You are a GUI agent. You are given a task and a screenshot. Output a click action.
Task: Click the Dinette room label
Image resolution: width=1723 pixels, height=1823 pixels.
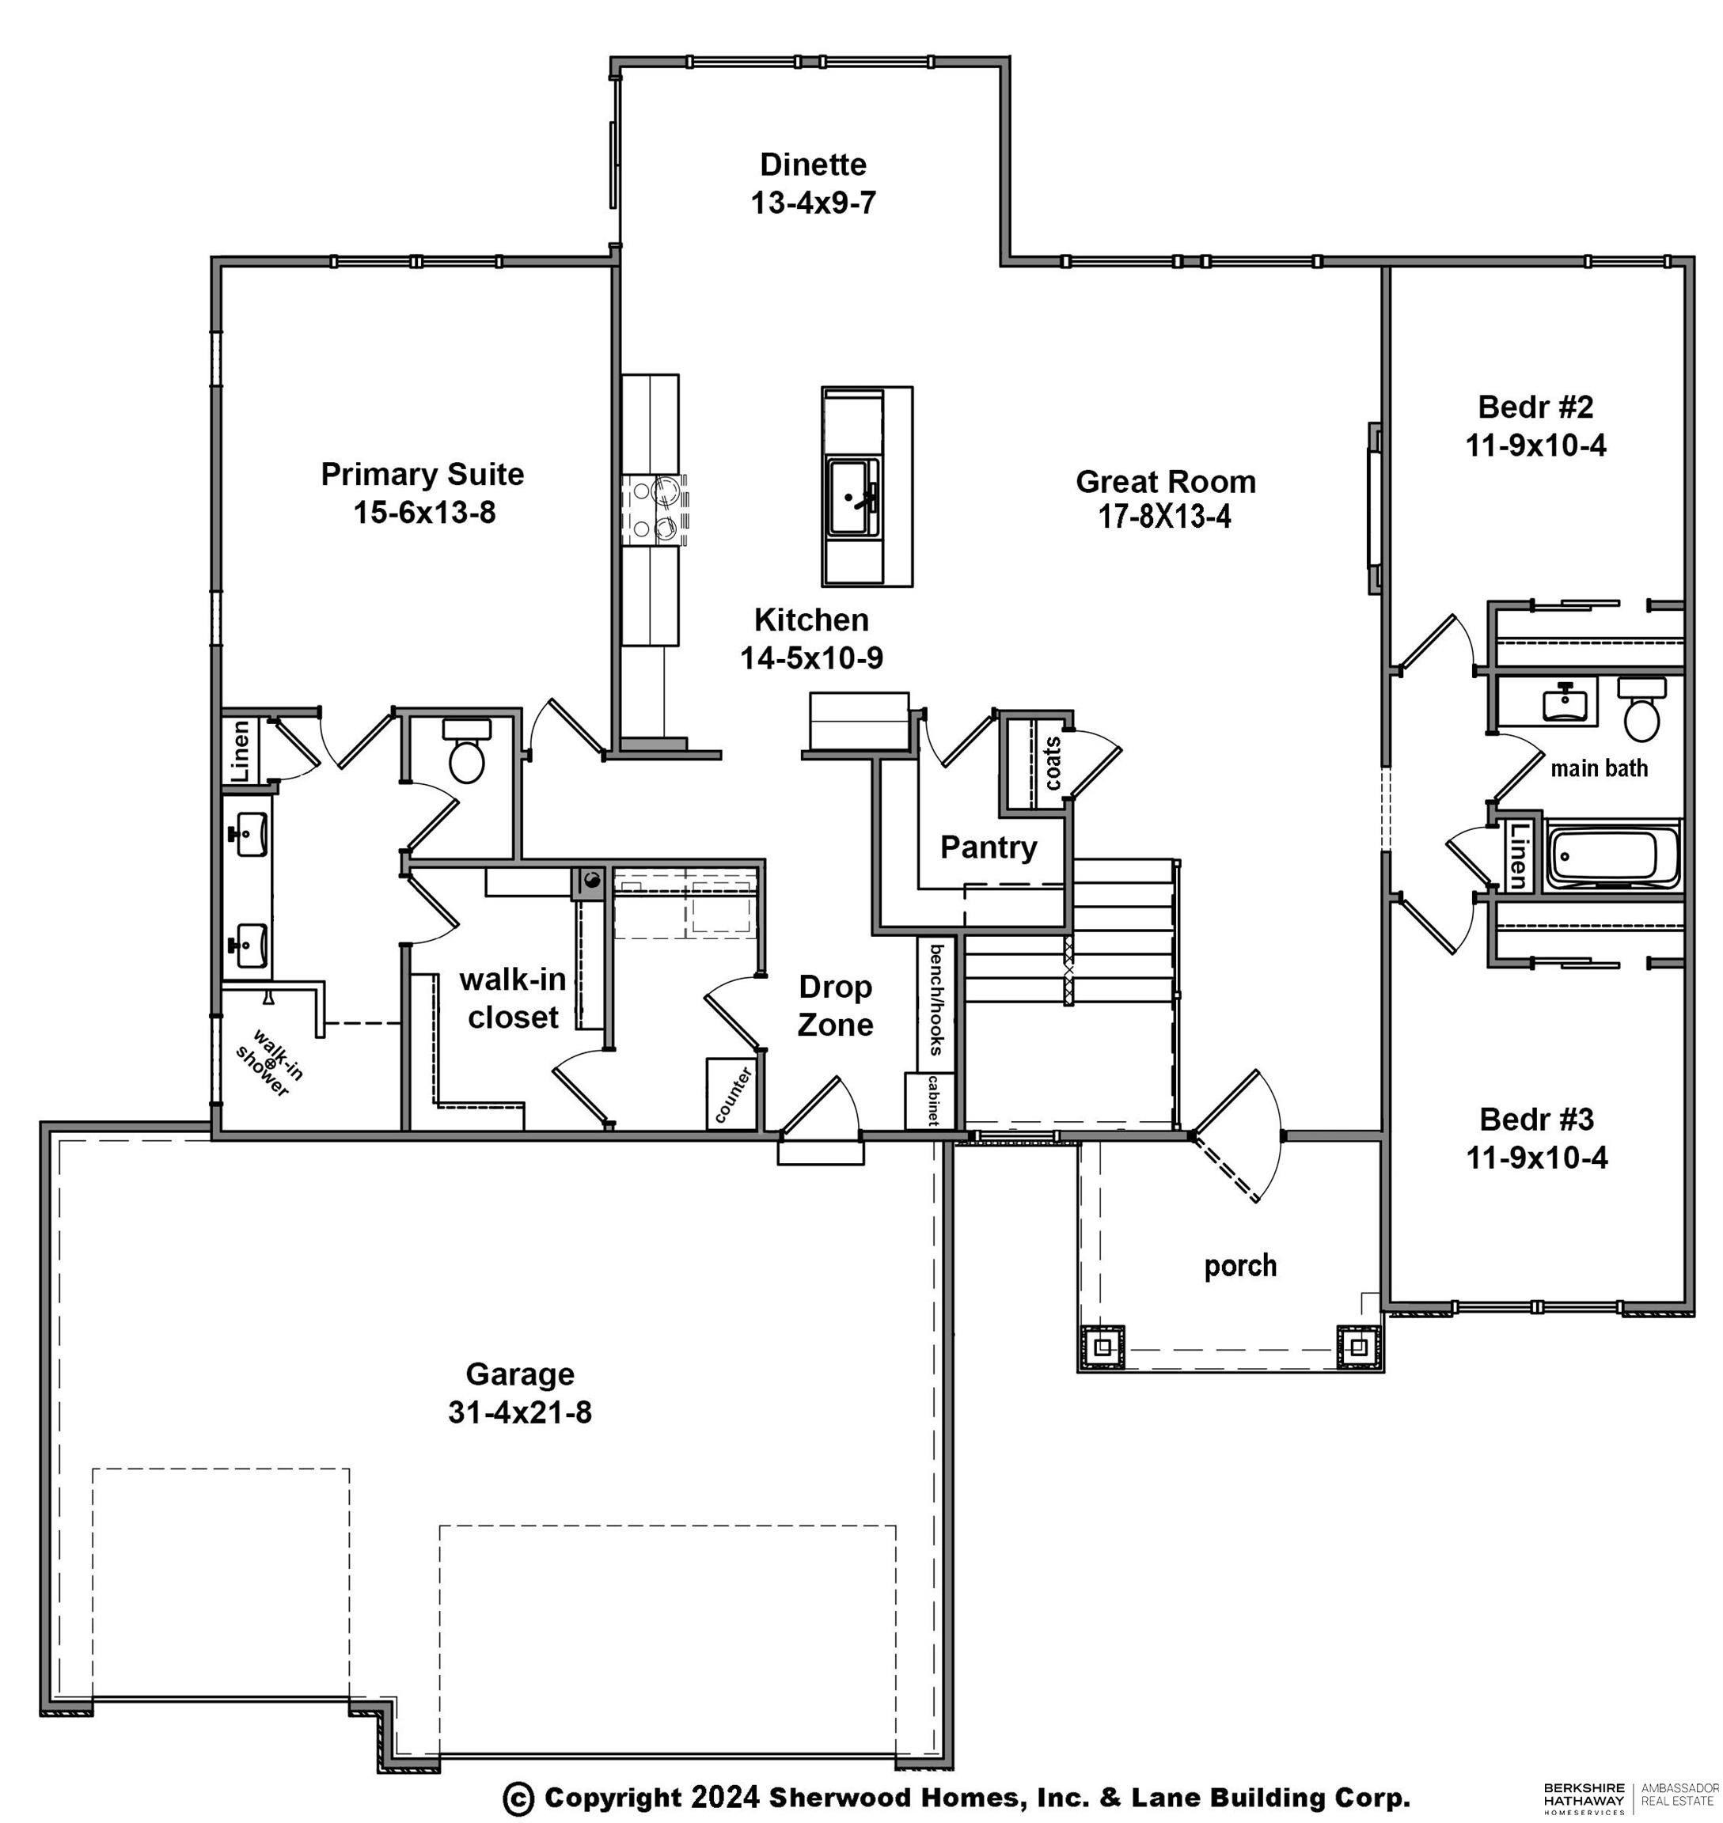813,165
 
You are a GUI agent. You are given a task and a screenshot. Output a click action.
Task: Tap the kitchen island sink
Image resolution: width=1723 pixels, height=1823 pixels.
854,497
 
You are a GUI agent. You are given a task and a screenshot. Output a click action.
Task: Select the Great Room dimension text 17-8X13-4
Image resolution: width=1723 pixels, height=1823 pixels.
1164,517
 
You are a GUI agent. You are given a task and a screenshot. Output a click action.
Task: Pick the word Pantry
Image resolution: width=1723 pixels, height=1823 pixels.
989,847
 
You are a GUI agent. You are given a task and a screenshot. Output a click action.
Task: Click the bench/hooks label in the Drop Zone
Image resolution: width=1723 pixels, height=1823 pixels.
937,999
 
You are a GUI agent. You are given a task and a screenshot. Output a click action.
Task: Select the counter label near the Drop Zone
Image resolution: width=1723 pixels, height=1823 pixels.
733,1095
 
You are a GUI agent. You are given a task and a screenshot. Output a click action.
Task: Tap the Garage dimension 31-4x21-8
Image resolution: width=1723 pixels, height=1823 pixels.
520,1412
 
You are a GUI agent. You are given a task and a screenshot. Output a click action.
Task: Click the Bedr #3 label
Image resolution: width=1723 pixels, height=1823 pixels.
1536,1119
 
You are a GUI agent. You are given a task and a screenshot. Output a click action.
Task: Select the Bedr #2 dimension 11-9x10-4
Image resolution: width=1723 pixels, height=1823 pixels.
1535,445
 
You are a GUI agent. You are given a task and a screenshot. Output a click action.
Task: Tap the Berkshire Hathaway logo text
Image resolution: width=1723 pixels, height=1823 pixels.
1584,1798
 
